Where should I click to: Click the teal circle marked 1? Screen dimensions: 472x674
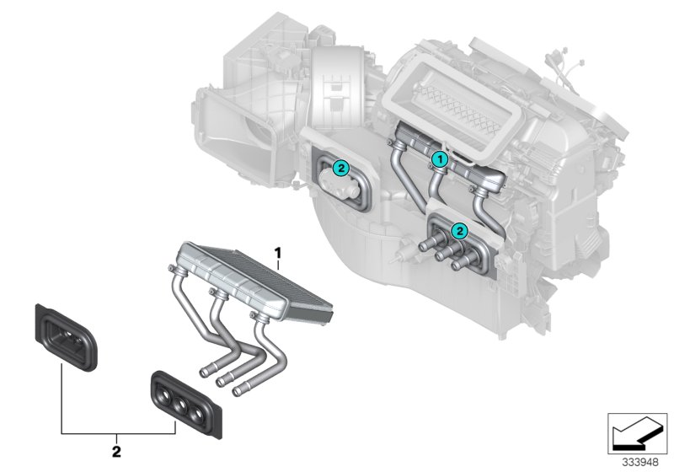click(x=438, y=158)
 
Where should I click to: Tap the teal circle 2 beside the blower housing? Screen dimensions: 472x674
click(x=340, y=168)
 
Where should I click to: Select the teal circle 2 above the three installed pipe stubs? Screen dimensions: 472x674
click(x=459, y=228)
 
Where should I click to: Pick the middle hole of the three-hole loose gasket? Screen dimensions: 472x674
click(x=179, y=401)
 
